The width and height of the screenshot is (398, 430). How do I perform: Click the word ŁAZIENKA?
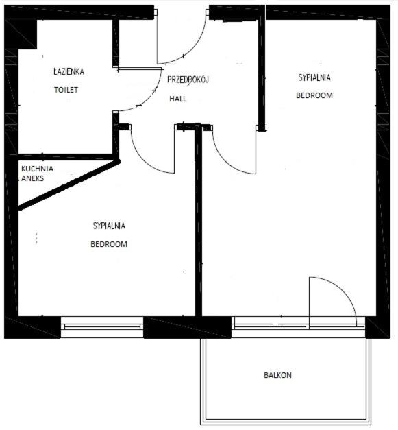pos(69,71)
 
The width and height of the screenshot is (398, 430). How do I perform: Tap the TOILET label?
pos(66,90)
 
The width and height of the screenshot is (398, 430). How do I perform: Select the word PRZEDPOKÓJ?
pos(188,80)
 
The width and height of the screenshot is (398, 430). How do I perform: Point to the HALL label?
pos(178,99)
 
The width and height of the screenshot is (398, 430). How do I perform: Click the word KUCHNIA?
pos(37,169)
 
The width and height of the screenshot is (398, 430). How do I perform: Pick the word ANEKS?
pos(33,178)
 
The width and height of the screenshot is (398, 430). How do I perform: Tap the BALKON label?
pos(277,375)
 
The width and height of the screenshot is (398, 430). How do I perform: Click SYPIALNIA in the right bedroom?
pos(314,77)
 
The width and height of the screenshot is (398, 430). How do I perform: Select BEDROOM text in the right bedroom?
pos(314,95)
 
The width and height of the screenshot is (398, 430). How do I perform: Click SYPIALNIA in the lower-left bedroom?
pos(109,226)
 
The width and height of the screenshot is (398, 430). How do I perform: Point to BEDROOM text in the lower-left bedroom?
pos(109,244)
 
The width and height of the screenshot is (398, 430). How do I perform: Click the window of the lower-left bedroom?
pos(102,326)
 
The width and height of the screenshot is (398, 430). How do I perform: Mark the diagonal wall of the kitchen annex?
pos(69,185)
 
